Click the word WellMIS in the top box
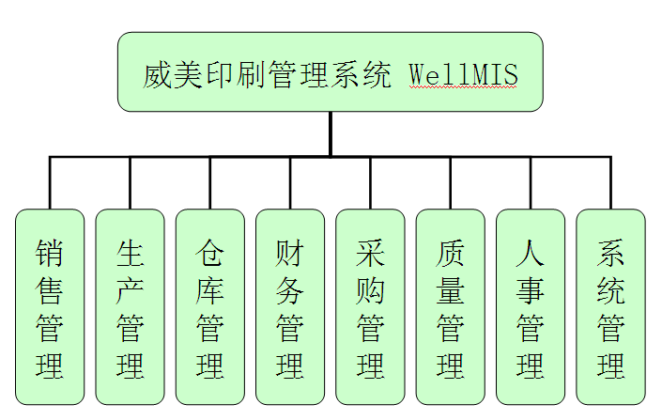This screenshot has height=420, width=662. click(464, 74)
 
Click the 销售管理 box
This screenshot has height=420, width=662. click(50, 307)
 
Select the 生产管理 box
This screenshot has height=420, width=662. click(130, 307)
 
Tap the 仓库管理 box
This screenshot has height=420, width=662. click(209, 307)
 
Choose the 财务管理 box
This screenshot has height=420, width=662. click(290, 307)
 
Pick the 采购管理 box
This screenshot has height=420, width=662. click(370, 307)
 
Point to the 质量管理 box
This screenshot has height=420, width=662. click(450, 307)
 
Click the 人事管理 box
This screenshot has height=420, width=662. click(531, 307)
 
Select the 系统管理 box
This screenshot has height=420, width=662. click(610, 307)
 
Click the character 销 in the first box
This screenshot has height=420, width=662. click(50, 253)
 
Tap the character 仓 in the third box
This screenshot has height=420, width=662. click(209, 253)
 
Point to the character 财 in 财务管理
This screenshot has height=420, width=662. click(290, 253)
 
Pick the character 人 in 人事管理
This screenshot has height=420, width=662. click(531, 253)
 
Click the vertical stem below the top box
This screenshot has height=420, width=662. click(331, 133)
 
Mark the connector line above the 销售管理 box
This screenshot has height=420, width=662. click(50, 183)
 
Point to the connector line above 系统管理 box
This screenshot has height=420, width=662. click(610, 183)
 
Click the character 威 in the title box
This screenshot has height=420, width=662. click(158, 74)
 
